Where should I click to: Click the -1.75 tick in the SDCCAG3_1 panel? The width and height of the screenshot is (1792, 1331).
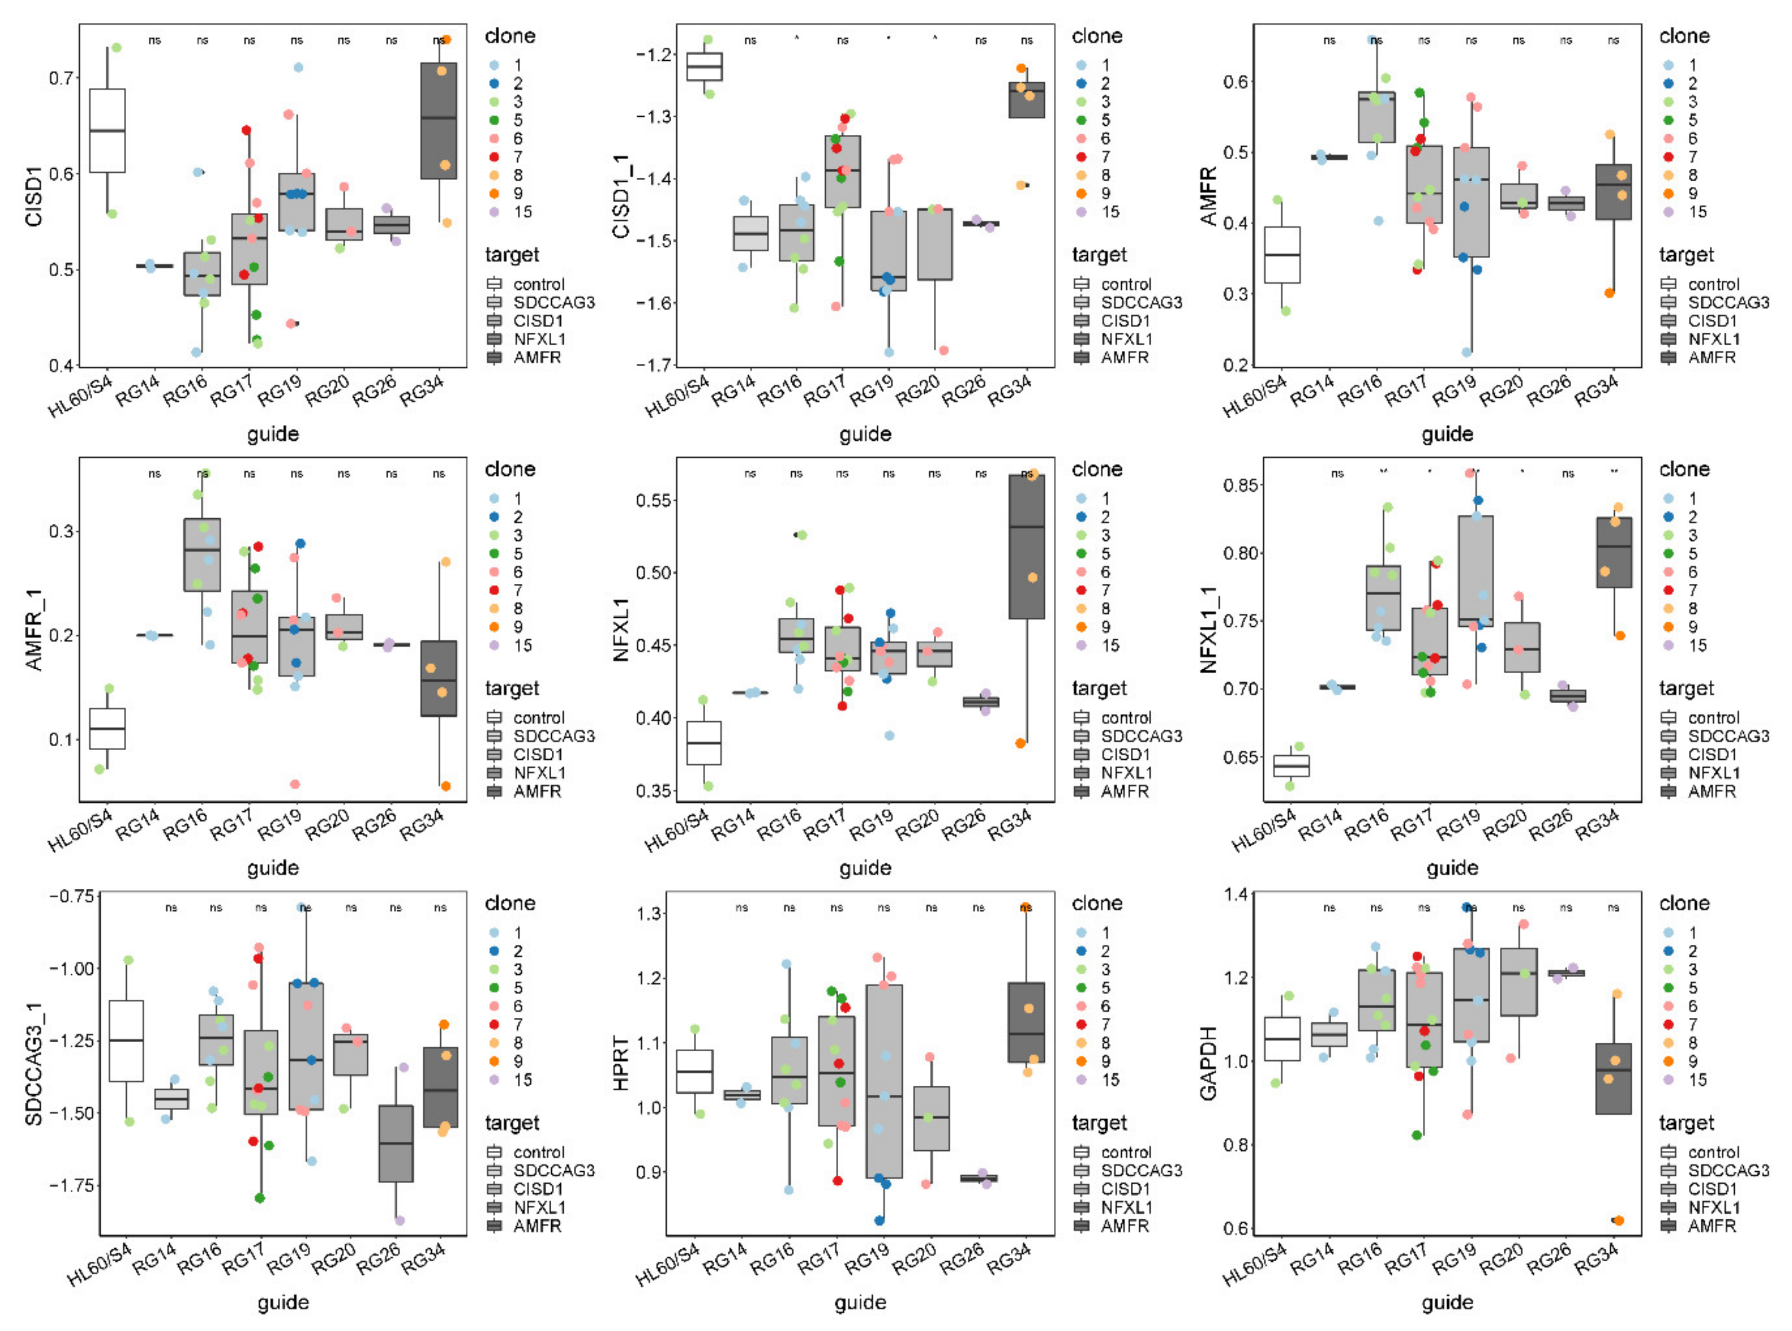[x=73, y=1185]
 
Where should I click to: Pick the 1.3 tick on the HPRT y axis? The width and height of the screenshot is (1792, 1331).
[x=649, y=914]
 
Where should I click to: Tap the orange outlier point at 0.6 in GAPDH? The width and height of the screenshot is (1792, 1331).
[x=1618, y=1221]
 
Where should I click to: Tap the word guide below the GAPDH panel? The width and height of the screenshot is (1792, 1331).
[x=1447, y=1302]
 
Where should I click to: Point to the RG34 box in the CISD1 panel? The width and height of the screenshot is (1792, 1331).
[x=438, y=121]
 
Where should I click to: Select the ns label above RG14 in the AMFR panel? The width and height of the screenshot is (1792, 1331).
[x=1330, y=40]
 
